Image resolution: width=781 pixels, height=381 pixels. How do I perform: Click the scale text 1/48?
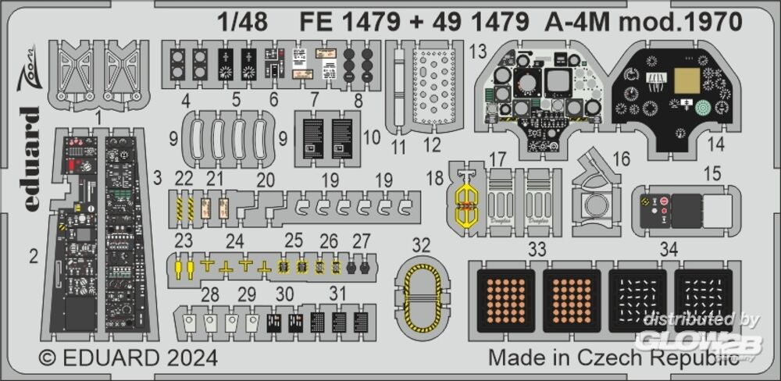coord(244,22)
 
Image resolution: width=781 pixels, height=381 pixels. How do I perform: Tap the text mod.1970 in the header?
coord(686,22)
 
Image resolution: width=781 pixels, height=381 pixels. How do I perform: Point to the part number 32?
coord(421,245)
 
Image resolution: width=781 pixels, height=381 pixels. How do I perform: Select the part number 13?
coord(478,52)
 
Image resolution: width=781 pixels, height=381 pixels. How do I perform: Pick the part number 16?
coord(621,159)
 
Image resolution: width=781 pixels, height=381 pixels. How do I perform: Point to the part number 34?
coord(667,250)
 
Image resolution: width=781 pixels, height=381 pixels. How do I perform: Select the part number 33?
coord(536,250)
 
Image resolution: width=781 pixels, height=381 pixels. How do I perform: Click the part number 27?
coord(362,240)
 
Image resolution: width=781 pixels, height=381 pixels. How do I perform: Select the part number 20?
coord(266,180)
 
